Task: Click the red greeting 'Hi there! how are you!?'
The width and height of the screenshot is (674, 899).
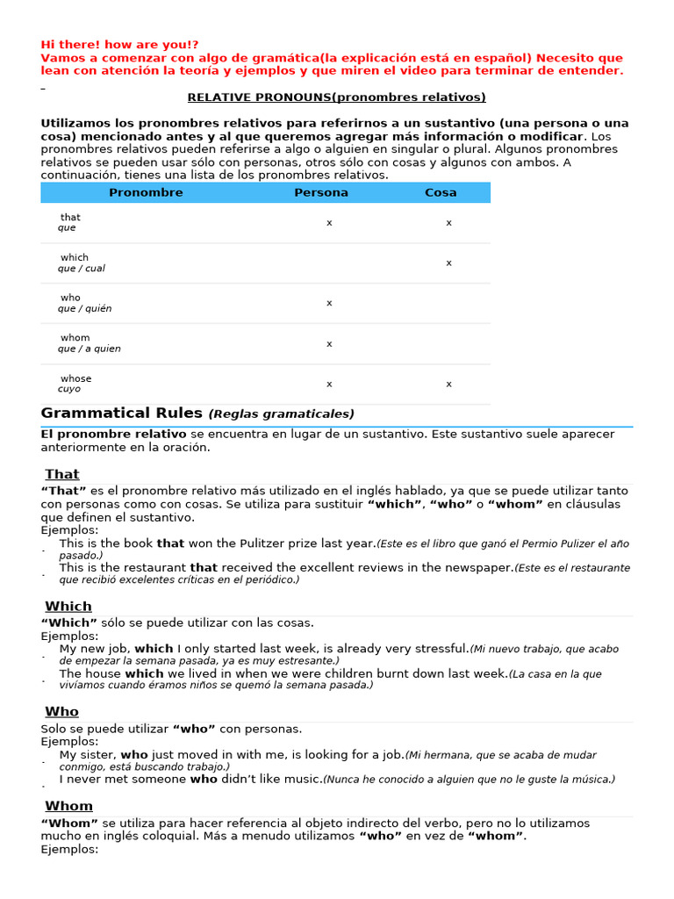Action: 119,45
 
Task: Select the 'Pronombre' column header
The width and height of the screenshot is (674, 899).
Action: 146,192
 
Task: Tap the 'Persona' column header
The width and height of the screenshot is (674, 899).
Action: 321,192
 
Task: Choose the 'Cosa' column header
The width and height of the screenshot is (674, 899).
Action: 441,192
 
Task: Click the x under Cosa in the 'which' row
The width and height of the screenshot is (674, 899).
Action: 448,263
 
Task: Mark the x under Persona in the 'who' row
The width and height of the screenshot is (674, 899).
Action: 329,303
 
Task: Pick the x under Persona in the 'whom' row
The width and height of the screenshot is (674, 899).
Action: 329,343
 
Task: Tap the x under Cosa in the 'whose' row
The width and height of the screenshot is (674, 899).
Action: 448,384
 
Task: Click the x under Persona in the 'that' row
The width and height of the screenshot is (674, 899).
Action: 329,223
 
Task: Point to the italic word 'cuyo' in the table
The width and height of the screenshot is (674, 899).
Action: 69,389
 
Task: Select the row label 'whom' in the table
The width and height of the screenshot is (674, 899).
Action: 75,338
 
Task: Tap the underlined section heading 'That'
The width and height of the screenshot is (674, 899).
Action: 62,475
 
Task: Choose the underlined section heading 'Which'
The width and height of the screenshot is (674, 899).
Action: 68,607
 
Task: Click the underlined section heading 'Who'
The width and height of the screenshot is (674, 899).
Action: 62,712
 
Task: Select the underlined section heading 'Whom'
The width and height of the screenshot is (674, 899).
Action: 69,806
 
